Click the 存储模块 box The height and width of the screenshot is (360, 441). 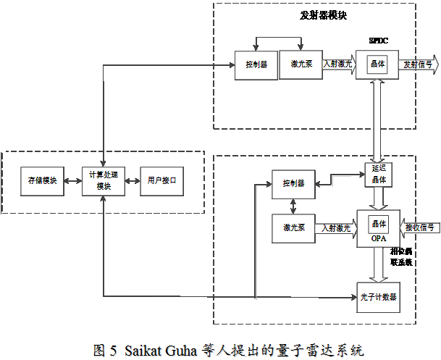coord(42,180)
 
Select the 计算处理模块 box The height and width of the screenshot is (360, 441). coord(104,180)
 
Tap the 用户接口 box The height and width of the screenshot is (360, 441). coord(161,180)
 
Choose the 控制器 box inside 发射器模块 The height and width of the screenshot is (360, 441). coord(256,64)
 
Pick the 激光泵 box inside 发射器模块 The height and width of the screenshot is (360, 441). coord(300,64)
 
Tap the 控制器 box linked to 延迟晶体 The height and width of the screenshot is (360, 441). coord(293,183)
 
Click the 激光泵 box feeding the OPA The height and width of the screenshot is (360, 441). coord(293,227)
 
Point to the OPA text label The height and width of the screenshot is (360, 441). coord(378,238)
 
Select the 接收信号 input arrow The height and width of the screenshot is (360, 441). coord(419,227)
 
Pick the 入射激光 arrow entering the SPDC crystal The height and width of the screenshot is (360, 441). coord(337,64)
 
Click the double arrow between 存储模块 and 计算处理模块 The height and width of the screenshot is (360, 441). coord(73,180)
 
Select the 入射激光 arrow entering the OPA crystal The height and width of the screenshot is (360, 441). coord(337,227)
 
